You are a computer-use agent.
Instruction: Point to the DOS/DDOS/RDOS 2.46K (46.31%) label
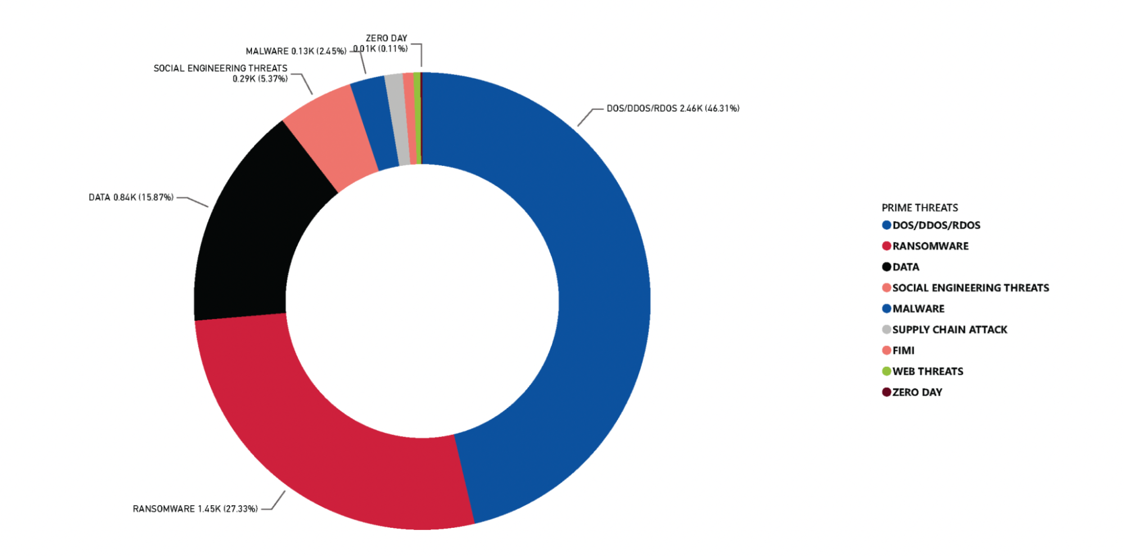click(672, 108)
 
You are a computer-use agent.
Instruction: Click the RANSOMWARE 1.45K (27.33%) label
click(195, 509)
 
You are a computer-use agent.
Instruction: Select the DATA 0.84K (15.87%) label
click(131, 197)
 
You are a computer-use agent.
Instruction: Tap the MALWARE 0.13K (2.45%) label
click(296, 51)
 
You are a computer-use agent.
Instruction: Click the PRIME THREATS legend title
click(919, 208)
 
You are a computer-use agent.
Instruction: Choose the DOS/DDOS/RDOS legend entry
click(936, 225)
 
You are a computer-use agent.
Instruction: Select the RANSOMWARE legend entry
click(930, 246)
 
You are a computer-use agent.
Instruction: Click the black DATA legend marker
click(887, 267)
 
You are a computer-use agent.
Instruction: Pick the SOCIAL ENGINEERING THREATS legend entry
click(970, 288)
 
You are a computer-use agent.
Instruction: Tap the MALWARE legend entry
click(918, 308)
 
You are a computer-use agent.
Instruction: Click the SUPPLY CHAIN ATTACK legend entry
click(950, 329)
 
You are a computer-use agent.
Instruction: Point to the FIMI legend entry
click(903, 350)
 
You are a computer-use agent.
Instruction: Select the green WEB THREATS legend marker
click(887, 371)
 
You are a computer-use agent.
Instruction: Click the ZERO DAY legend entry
click(917, 392)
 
